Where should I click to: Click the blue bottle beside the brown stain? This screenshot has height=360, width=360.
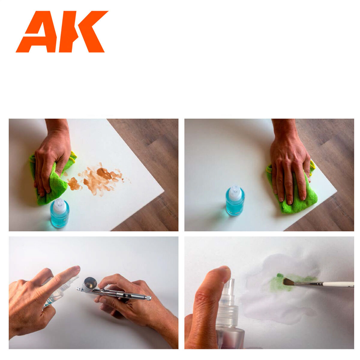(60, 216)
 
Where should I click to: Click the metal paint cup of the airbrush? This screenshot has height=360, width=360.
(90, 283)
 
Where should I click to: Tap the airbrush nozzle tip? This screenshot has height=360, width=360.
(78, 289)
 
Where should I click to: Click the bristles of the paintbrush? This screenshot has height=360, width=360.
(288, 281)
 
